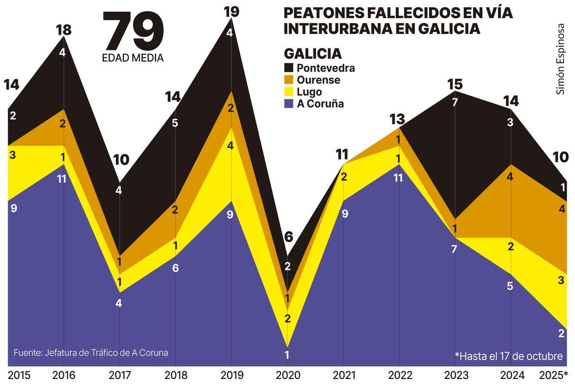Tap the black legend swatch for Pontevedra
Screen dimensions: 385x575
(289, 68)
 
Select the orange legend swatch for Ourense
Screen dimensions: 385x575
(289, 80)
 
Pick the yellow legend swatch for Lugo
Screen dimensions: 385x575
(289, 92)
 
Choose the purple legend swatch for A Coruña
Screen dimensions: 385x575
(289, 104)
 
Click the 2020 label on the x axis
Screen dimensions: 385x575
(287, 375)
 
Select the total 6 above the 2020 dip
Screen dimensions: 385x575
(287, 237)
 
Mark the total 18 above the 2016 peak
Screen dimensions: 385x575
(63, 30)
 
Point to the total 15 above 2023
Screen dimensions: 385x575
(455, 85)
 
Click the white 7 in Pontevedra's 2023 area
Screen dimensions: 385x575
(455, 102)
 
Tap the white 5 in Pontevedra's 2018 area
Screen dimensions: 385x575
(175, 123)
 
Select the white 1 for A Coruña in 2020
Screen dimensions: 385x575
(287, 355)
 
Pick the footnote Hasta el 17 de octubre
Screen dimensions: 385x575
(508, 356)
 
